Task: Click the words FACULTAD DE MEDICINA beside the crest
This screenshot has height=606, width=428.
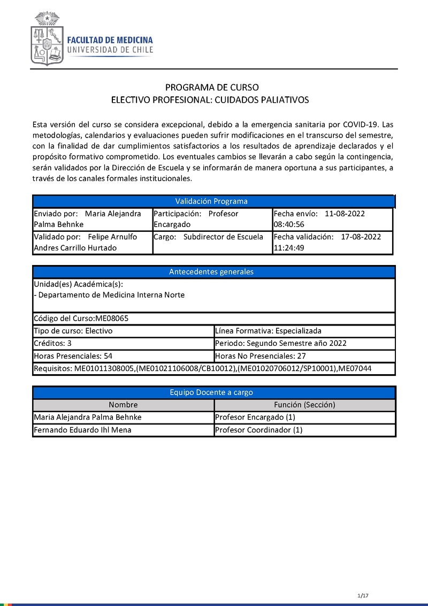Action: coord(110,40)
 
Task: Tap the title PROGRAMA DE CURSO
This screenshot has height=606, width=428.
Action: coord(212,87)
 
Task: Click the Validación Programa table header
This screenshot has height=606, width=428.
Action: coord(212,201)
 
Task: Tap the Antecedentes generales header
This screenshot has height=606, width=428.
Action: coord(212,272)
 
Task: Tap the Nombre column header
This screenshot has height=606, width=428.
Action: coord(123,405)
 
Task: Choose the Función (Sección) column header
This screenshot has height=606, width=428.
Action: coord(304,405)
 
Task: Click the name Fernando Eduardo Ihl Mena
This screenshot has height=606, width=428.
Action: coord(82,430)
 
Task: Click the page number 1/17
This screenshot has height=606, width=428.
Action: coord(363,596)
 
